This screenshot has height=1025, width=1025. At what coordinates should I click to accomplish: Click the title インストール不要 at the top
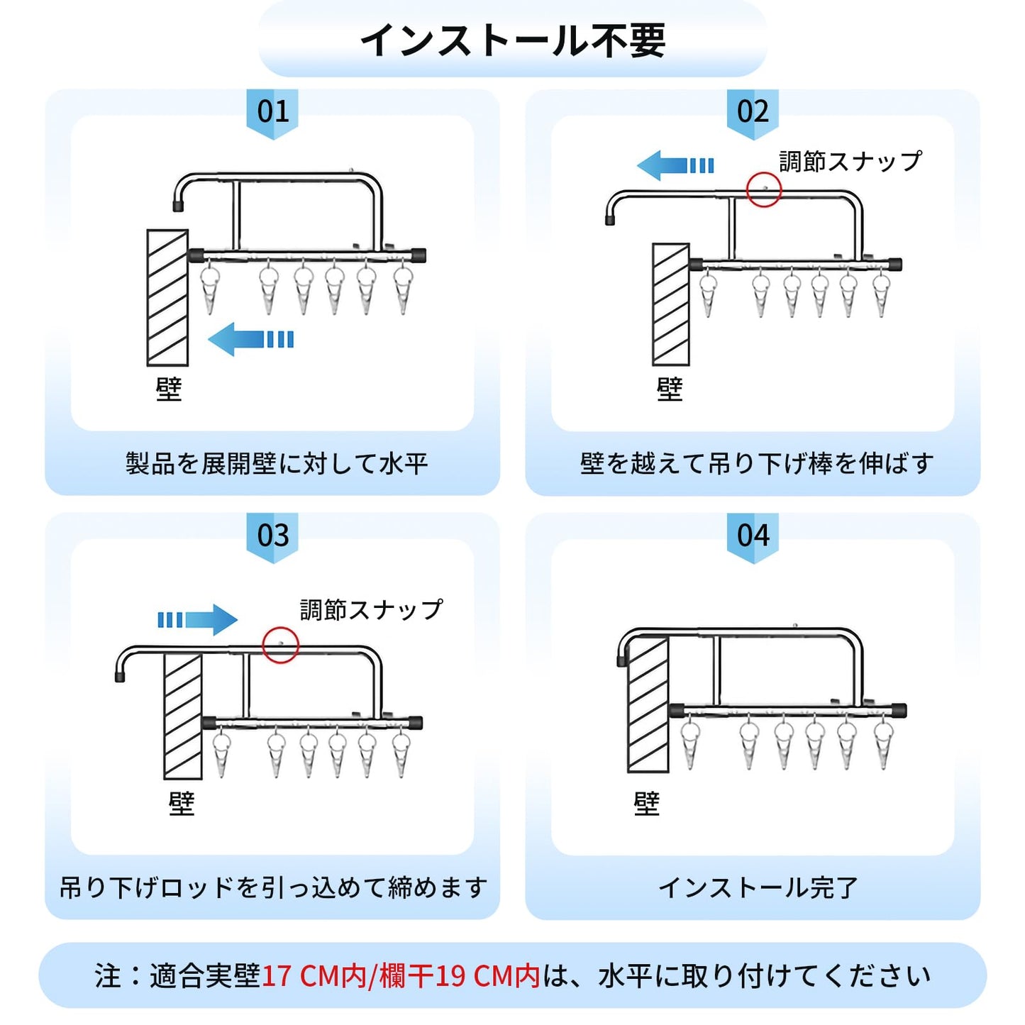tap(513, 40)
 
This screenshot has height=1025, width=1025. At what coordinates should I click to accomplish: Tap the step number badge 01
tap(272, 111)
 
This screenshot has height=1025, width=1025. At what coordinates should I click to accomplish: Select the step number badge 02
tap(753, 111)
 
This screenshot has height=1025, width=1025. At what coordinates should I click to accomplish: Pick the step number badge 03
tap(272, 535)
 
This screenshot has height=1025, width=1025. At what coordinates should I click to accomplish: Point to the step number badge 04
tap(753, 535)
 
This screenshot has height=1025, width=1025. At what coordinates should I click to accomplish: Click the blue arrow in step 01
tap(250, 339)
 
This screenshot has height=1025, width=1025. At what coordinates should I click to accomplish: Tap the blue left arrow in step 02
tap(675, 165)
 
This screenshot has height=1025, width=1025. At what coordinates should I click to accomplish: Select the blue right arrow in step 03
tap(198, 620)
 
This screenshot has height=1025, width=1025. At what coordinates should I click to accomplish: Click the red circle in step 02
tap(764, 189)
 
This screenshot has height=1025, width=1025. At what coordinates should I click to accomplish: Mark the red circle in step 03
tap(280, 645)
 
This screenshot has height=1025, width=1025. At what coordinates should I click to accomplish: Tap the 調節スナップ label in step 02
tap(851, 162)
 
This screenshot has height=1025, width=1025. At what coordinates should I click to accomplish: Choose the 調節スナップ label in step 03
tap(371, 609)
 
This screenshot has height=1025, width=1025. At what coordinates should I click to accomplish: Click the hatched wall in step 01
tap(167, 297)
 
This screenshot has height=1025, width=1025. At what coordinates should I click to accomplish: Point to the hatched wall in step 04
tap(648, 704)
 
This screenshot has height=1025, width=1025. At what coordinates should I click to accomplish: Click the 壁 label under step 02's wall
tap(670, 389)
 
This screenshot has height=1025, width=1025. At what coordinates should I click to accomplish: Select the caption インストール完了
tap(758, 887)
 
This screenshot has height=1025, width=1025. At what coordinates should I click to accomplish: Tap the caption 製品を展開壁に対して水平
tap(277, 464)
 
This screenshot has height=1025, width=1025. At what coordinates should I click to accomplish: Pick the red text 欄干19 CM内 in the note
tap(460, 976)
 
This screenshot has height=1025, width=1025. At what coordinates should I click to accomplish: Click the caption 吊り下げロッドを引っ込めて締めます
tap(273, 887)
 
